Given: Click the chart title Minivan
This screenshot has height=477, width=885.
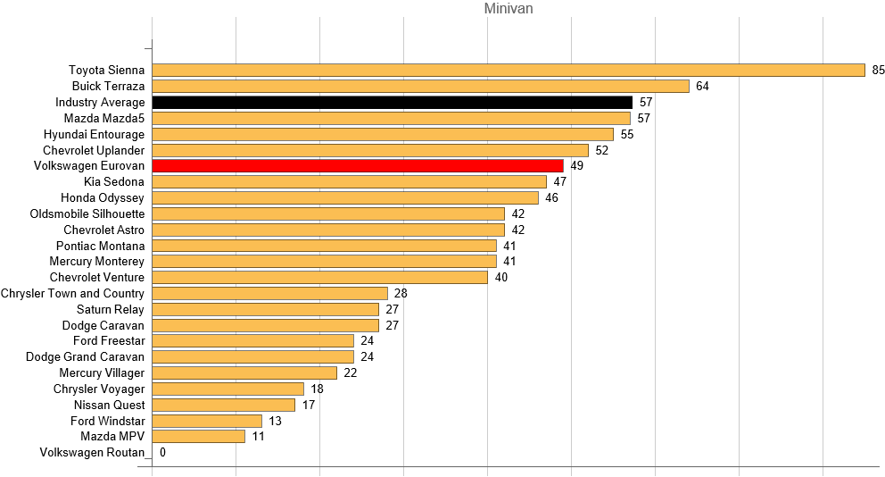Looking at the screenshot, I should [x=509, y=9].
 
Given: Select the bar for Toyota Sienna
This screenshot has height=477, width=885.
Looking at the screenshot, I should [x=509, y=70].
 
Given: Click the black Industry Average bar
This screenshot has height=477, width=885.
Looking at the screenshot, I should [x=393, y=102].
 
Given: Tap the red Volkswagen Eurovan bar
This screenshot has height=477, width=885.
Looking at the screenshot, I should [x=358, y=166].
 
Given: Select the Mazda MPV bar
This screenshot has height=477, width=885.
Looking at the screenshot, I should [x=199, y=437].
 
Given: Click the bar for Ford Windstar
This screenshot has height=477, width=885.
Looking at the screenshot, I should [x=207, y=421].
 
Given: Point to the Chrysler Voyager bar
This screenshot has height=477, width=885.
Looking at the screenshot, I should [x=228, y=389].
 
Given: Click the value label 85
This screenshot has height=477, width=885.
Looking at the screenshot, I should [x=879, y=70].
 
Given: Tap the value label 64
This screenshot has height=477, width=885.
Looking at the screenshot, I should [x=703, y=86].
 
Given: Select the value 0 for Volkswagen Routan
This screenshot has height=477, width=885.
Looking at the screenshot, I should [x=162, y=453].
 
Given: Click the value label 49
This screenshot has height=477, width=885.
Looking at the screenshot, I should [x=577, y=166].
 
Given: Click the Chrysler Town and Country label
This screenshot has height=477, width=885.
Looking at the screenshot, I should [x=72, y=293].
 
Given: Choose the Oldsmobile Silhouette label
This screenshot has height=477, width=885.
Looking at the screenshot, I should [x=87, y=213].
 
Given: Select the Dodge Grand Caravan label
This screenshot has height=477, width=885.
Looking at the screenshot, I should [x=85, y=356].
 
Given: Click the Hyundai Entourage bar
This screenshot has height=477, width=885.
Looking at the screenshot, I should [x=383, y=134].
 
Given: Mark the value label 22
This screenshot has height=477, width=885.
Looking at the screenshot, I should [x=351, y=372].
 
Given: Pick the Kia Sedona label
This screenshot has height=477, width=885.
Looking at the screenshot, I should [x=113, y=181].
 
